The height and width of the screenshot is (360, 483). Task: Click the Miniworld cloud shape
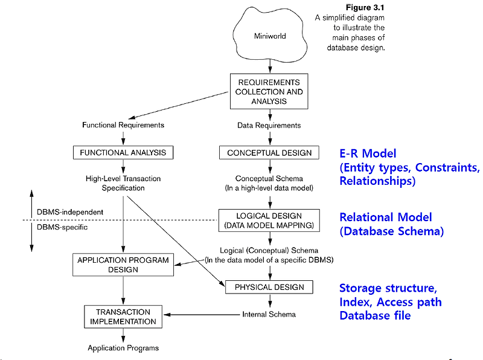coord(269,36)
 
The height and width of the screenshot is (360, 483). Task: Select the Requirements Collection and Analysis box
coord(269,92)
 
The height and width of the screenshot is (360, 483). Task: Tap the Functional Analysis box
coord(123,153)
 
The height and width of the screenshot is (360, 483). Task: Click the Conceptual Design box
coord(269,153)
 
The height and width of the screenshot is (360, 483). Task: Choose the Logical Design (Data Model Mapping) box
coord(269,221)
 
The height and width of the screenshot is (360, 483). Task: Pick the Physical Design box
coord(269,286)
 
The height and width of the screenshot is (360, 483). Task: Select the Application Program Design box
coord(123,265)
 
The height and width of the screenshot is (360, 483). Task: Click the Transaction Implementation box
coord(123,317)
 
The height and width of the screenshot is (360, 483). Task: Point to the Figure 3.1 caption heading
coord(364,8)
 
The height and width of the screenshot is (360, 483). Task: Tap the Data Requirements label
coord(269,125)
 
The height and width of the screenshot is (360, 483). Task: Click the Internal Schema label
coord(269,315)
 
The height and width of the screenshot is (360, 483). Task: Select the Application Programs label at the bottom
coord(123,348)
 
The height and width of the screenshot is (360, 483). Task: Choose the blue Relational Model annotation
coord(386,217)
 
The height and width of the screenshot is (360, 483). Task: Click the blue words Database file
coord(375,315)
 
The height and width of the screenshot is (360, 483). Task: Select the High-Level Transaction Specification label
coord(123,182)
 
